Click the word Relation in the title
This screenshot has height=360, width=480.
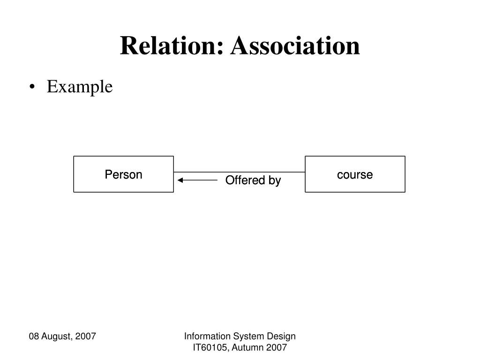pyautogui.click(x=170, y=46)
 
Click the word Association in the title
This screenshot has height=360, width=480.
pyautogui.click(x=295, y=46)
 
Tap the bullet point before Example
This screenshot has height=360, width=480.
pyautogui.click(x=31, y=87)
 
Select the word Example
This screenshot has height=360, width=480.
pyautogui.click(x=80, y=87)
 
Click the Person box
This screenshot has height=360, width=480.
pyautogui.click(x=123, y=174)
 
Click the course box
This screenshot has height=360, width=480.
pyautogui.click(x=355, y=174)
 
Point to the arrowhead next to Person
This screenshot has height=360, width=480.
pyautogui.click(x=180, y=180)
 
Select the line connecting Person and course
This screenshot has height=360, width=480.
pyautogui.click(x=239, y=172)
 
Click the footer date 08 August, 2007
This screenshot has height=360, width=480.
pyautogui.click(x=62, y=336)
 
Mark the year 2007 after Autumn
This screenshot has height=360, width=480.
pyautogui.click(x=277, y=347)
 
